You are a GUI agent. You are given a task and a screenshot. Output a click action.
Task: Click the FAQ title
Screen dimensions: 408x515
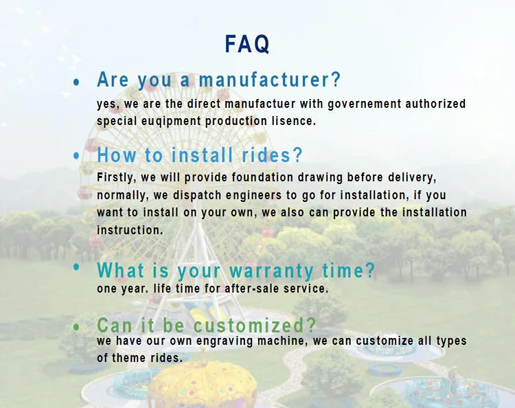click(247, 44)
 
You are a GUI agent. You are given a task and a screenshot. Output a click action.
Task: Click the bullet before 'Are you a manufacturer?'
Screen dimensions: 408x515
click(76, 82)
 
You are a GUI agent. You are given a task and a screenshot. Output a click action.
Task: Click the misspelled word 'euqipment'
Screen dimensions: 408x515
click(174, 121)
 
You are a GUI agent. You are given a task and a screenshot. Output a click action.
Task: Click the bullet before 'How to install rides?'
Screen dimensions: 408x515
click(76, 156)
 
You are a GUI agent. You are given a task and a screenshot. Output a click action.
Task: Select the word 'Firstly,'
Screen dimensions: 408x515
click(117, 177)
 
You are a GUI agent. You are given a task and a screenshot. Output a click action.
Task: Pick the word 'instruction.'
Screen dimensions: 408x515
click(130, 230)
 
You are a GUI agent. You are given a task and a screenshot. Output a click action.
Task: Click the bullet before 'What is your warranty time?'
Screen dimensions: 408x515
click(76, 267)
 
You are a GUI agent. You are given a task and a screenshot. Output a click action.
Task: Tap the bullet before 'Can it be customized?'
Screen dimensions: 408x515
click(76, 326)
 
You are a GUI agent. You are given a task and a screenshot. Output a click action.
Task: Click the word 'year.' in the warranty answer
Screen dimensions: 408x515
click(135, 288)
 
